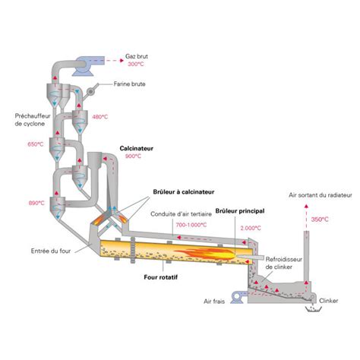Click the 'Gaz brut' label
tap(137, 56)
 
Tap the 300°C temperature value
tap(136, 64)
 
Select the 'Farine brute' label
tap(129, 84)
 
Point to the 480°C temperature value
tap(100, 117)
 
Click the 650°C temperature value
tap(36, 144)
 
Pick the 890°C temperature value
tap(36, 203)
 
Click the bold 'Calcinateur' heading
tap(137, 148)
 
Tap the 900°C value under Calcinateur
tap(133, 156)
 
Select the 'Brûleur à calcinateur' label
tap(184, 192)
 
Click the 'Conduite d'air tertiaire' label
tap(181, 214)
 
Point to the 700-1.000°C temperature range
tap(191, 225)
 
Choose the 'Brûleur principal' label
tap(240, 211)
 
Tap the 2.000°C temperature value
tap(251, 228)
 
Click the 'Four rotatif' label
tap(161, 277)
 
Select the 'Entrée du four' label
tap(51, 251)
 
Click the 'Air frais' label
tap(214, 302)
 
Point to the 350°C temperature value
tap(320, 219)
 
